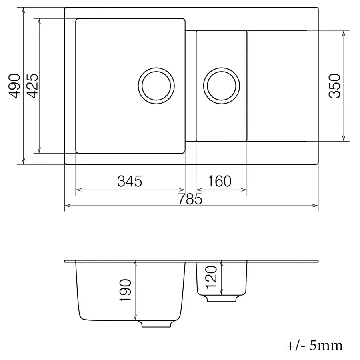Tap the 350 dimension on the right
(334, 86)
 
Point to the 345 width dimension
(130, 182)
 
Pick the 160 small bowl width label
(220, 182)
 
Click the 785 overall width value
(190, 199)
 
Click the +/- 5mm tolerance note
(315, 345)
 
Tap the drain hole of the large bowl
(156, 85)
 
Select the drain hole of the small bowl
(222, 85)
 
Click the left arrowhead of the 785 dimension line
(66, 206)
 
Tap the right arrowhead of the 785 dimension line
(316, 206)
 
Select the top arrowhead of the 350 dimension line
(344, 32)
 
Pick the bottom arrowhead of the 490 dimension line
(24, 162)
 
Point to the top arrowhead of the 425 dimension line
(39, 20)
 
